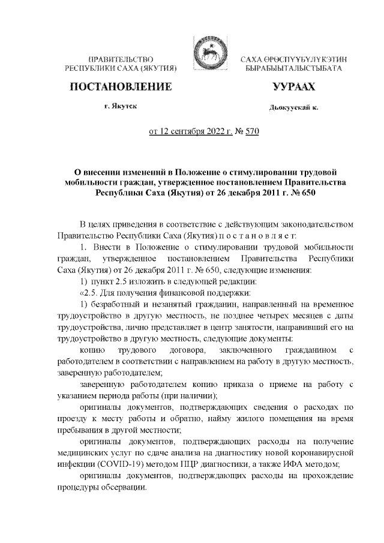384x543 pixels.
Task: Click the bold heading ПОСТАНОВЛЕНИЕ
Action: (122, 88)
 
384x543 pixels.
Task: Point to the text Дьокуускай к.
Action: (293, 107)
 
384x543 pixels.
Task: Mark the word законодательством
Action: (308, 223)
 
